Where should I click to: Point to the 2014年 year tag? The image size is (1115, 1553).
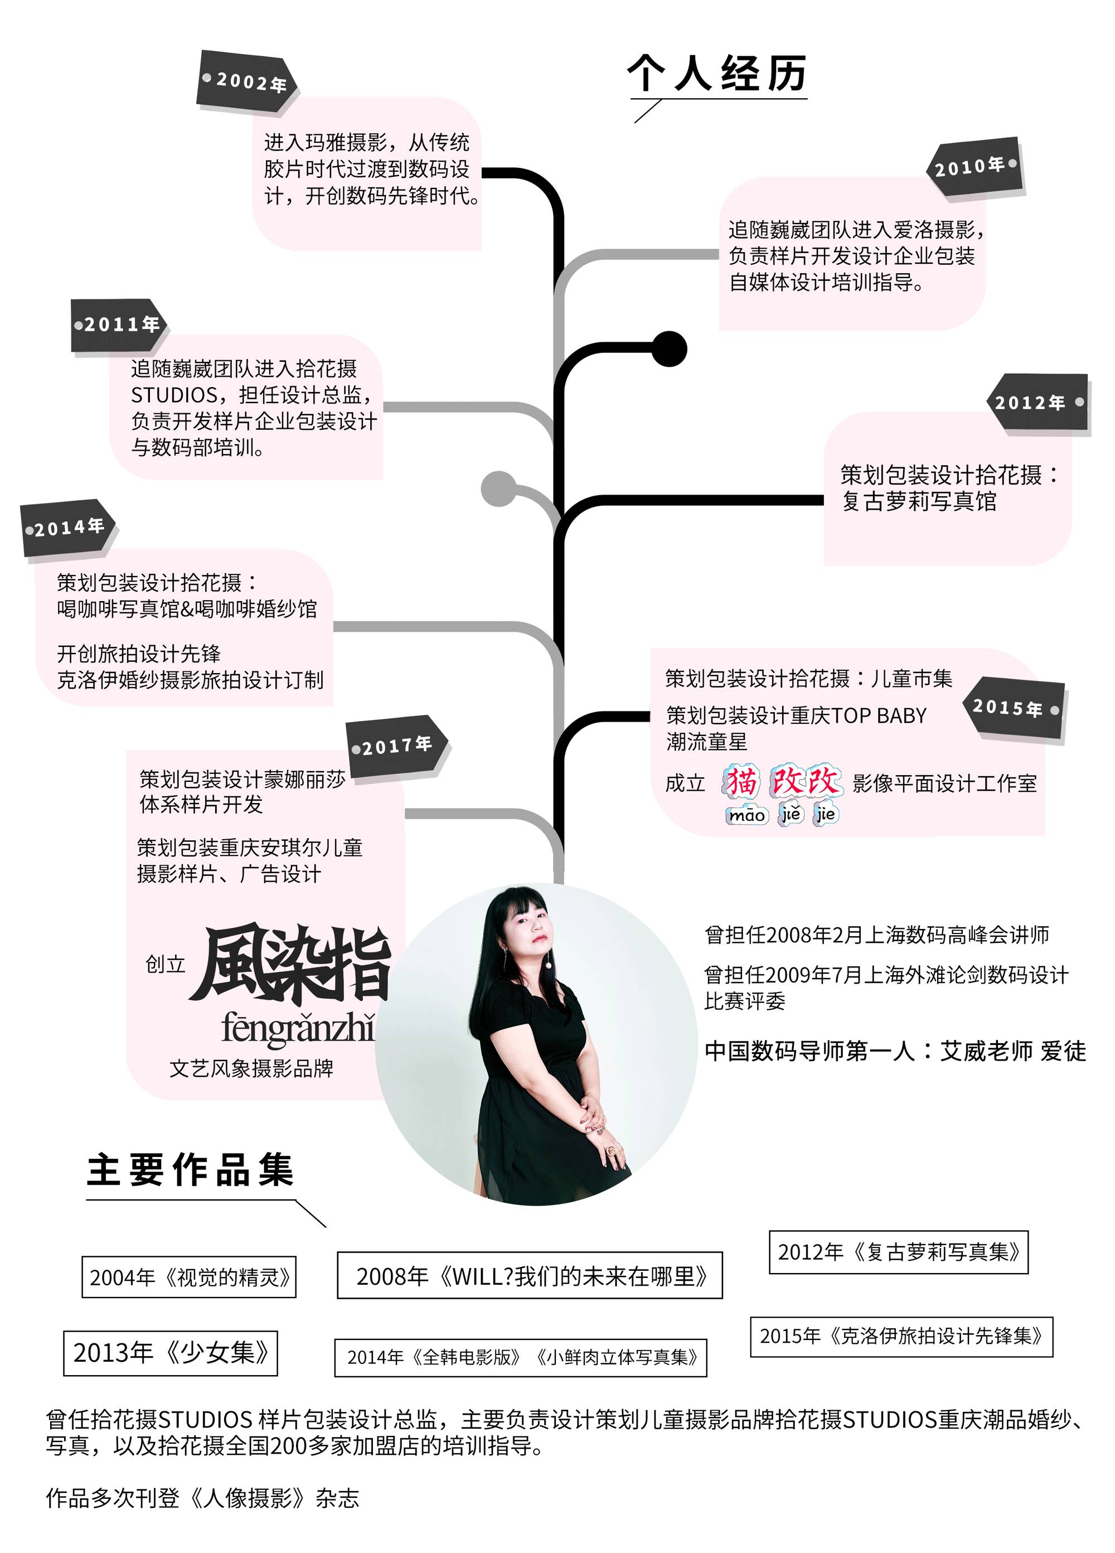[x=67, y=528]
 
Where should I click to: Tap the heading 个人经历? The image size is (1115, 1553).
[x=716, y=73]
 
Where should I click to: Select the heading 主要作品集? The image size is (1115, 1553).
[x=190, y=1169]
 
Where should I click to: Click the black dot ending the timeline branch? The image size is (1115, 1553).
[x=669, y=349]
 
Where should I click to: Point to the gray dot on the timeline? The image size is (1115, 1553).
[x=498, y=489]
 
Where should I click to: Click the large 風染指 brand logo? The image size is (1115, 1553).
[x=291, y=964]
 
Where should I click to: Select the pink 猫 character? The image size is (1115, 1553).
[x=741, y=782]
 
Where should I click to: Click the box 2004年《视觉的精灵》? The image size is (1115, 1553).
[x=189, y=1276]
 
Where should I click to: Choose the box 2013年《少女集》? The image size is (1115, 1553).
[x=171, y=1352]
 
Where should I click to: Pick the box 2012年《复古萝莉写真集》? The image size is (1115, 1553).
[x=898, y=1252]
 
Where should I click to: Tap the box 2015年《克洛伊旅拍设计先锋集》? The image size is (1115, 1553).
[x=901, y=1336]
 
